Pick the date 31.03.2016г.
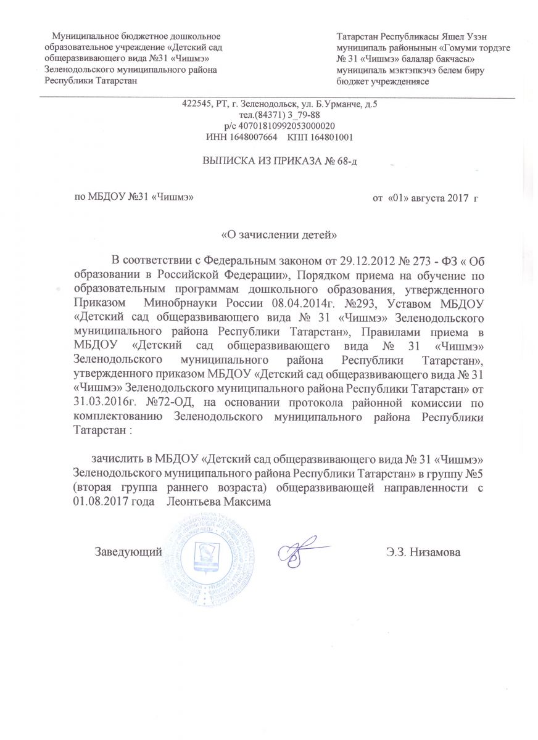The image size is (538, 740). tap(102, 403)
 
